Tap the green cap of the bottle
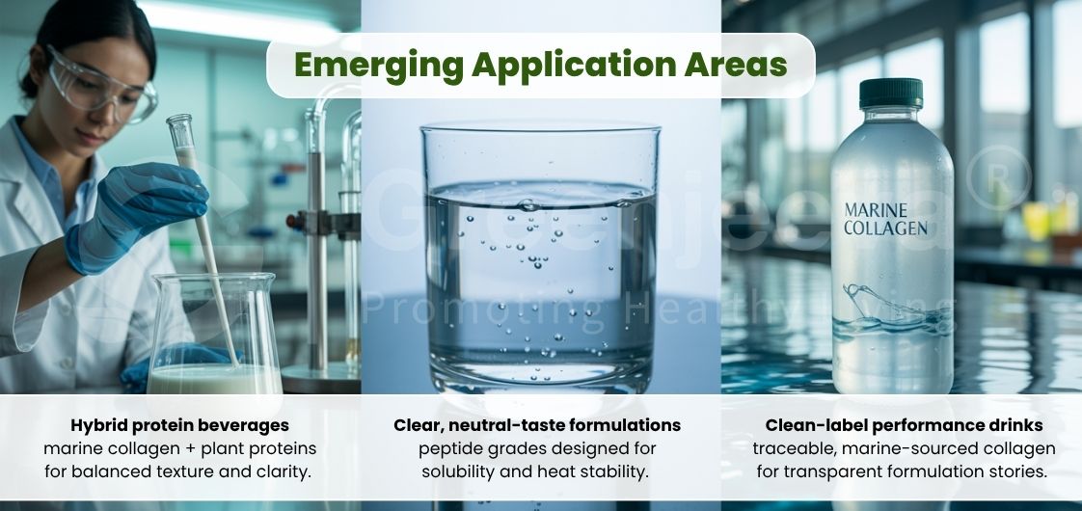890,94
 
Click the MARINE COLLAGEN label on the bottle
885,219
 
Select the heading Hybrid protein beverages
179,425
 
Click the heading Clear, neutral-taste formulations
537,425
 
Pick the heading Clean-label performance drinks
904,425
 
